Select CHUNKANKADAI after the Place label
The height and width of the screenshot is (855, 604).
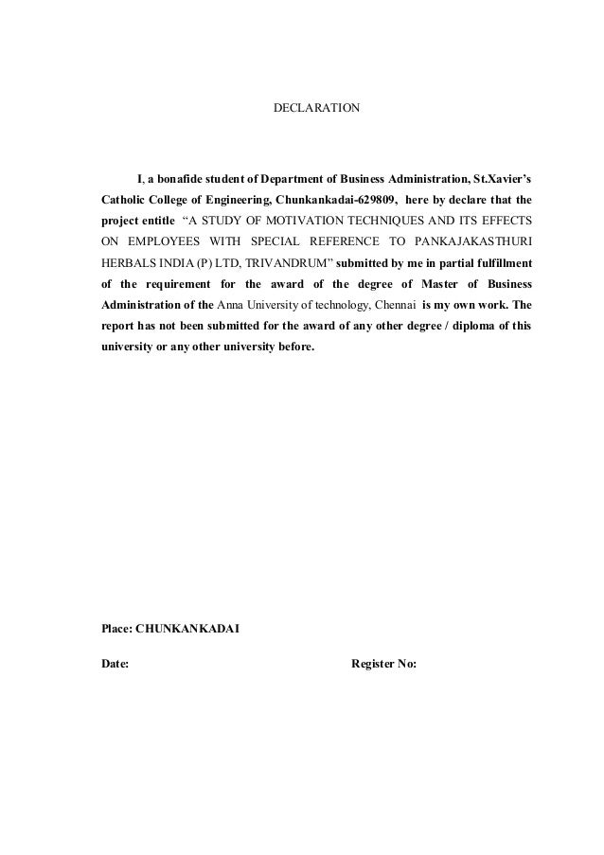[188, 627]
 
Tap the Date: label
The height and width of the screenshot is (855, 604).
[115, 664]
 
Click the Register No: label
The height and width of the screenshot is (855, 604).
[384, 664]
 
